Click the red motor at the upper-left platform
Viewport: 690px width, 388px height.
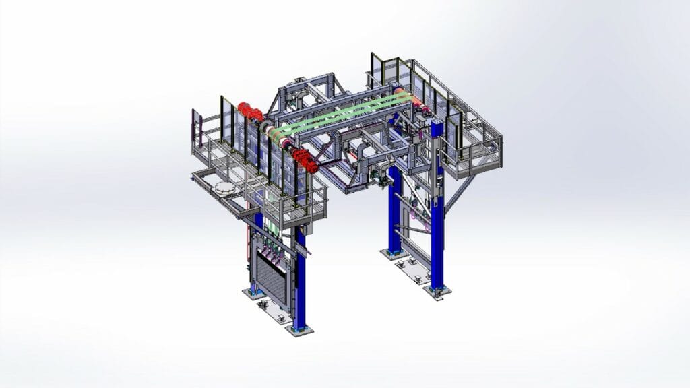(x=249, y=112)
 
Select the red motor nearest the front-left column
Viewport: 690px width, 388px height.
(x=305, y=160)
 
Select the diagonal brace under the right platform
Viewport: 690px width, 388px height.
(x=458, y=195)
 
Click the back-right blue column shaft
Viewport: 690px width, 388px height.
(x=394, y=209)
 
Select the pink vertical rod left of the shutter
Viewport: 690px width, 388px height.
(x=250, y=256)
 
